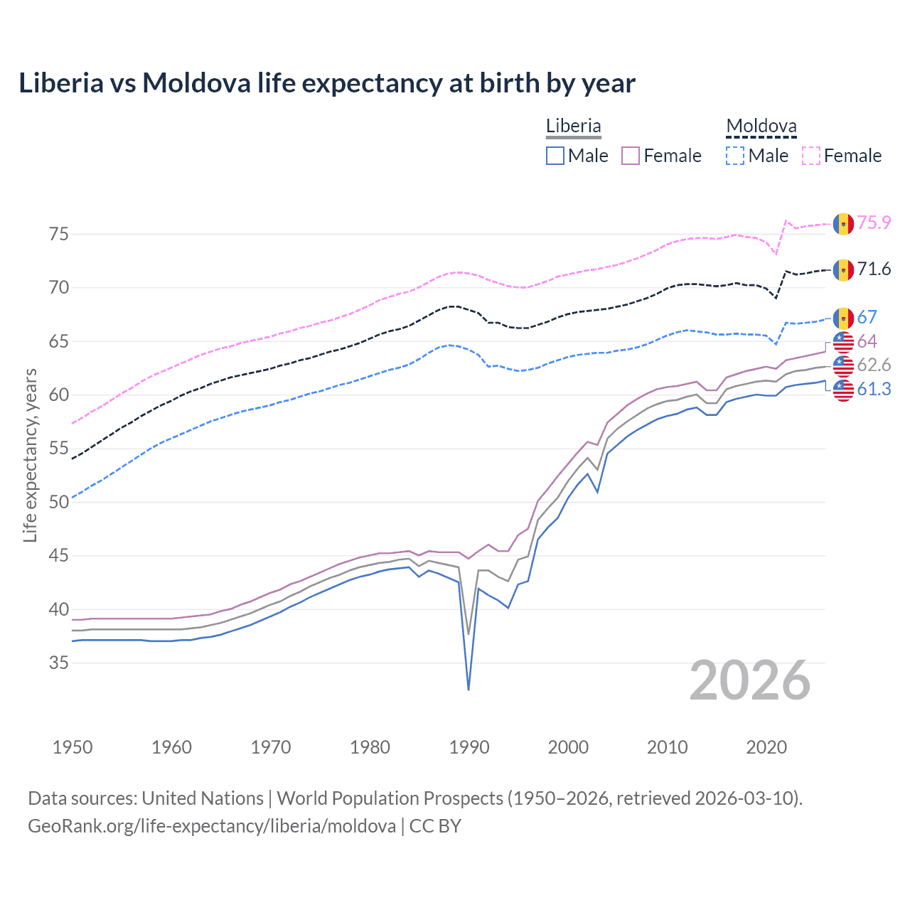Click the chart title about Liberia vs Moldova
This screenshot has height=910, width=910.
click(x=326, y=83)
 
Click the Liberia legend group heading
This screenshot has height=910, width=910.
click(x=573, y=126)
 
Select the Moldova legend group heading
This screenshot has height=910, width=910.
click(x=761, y=127)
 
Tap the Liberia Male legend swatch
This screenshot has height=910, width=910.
click(x=555, y=156)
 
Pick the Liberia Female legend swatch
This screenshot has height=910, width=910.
click(x=631, y=156)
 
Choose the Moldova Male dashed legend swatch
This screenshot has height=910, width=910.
click(x=735, y=156)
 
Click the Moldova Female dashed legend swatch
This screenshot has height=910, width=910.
click(x=811, y=156)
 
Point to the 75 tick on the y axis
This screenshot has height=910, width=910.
click(x=59, y=234)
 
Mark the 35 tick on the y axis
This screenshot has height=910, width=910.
click(x=59, y=663)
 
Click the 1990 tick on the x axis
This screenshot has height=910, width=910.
click(x=469, y=747)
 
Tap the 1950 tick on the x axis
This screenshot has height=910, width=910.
click(x=73, y=747)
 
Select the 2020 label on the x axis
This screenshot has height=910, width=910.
click(x=766, y=747)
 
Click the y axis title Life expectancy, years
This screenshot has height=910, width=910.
click(x=30, y=455)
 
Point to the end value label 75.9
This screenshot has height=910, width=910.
click(x=874, y=223)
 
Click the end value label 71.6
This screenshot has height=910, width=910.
click(x=874, y=269)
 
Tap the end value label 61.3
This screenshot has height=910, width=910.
click(x=874, y=389)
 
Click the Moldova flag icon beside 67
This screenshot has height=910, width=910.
click(x=843, y=318)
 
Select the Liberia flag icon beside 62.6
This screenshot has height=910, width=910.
click(x=843, y=365)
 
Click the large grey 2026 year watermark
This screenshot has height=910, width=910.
click(x=749, y=680)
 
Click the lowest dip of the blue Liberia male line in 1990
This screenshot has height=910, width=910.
click(x=469, y=689)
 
